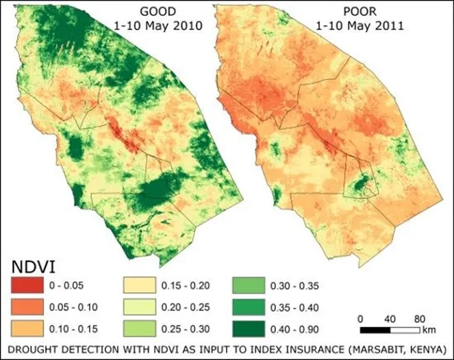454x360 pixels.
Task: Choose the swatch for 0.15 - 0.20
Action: pyautogui.click(x=141, y=283)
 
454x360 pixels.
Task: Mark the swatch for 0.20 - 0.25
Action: pyautogui.click(x=141, y=304)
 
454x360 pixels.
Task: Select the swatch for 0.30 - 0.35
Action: pyautogui.click(x=252, y=283)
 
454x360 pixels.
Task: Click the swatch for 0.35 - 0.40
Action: pyautogui.click(x=252, y=304)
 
